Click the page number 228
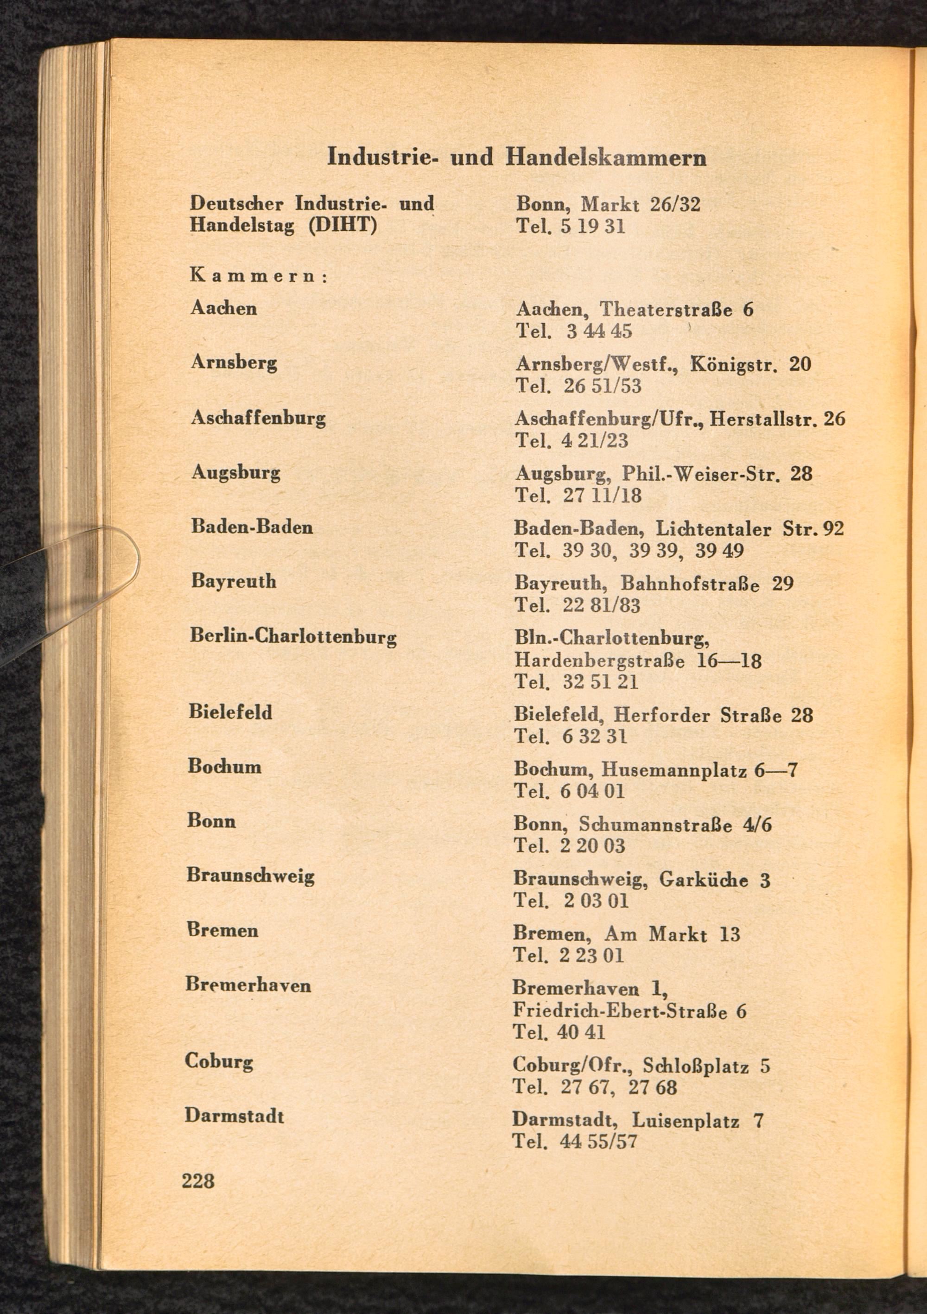pyautogui.click(x=198, y=1180)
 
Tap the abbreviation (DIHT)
pyautogui.click(x=342, y=225)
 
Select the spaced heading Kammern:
pyautogui.click(x=258, y=276)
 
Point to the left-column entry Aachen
pyautogui.click(x=224, y=309)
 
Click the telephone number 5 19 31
pyautogui.click(x=592, y=226)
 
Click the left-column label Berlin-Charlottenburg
pyautogui.click(x=293, y=636)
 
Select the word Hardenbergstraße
pyautogui.click(x=599, y=661)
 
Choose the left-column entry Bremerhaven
pyautogui.click(x=248, y=985)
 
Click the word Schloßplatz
pyautogui.click(x=695, y=1066)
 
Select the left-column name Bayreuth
pyautogui.click(x=234, y=582)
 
